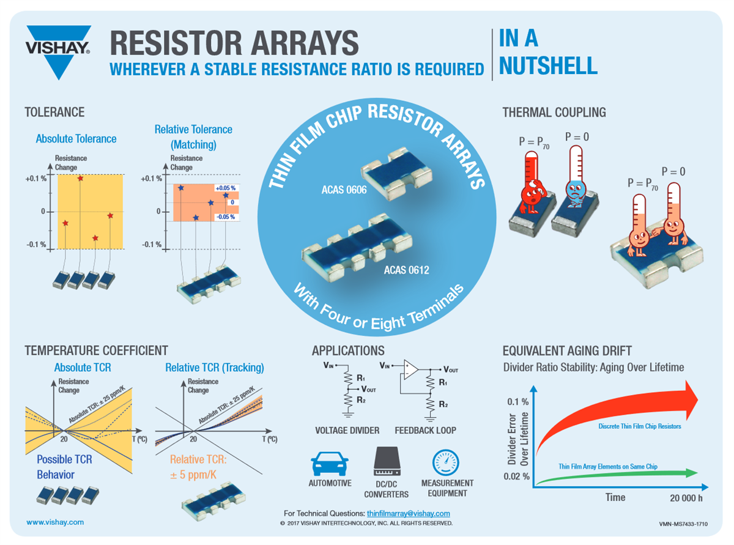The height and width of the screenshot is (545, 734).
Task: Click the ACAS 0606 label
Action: (x=344, y=190)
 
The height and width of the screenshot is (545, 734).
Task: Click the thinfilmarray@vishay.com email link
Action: (x=408, y=513)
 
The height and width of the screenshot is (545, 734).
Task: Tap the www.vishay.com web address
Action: (x=55, y=522)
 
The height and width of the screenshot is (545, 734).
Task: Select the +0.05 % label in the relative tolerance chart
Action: (x=224, y=188)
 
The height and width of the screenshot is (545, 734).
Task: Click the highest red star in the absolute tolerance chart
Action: (x=80, y=179)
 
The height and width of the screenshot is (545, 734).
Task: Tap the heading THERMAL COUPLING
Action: (x=554, y=113)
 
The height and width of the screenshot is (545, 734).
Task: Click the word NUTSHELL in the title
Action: (x=548, y=65)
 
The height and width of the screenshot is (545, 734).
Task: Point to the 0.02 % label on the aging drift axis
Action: (x=517, y=476)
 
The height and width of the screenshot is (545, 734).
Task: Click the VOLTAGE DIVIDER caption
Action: (x=347, y=431)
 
